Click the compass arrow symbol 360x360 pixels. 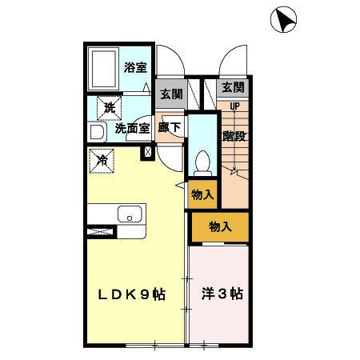[283, 19]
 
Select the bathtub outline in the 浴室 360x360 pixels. [105, 71]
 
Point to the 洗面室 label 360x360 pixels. [131, 127]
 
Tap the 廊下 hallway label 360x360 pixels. [168, 127]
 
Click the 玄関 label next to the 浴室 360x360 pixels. [170, 94]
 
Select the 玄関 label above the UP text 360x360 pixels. [233, 87]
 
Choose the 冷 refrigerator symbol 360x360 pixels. [102, 160]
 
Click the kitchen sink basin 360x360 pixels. [130, 214]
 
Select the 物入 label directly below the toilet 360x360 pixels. [202, 194]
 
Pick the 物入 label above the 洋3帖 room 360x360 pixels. [219, 227]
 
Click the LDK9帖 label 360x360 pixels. [131, 294]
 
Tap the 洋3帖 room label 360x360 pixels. [221, 294]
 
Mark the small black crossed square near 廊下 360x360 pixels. [146, 151]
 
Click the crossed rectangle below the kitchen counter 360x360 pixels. [102, 232]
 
